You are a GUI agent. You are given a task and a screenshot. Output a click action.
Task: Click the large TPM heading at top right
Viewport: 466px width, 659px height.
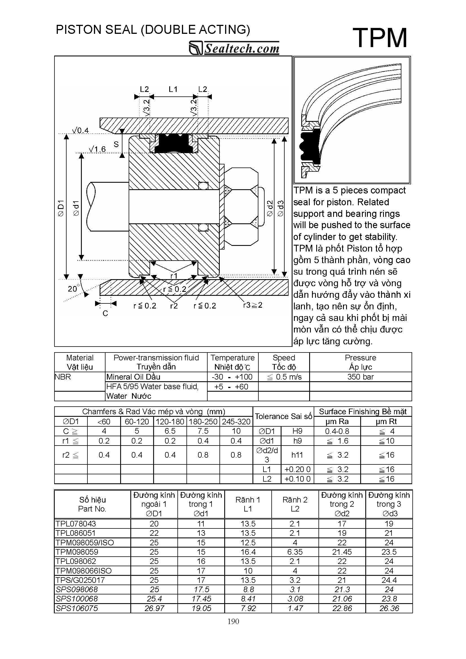coord(380,38)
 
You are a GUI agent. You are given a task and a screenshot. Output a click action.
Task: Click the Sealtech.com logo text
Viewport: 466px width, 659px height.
coord(241,49)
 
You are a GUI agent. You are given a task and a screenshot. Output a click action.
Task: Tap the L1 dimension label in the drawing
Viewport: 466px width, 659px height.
coord(173,90)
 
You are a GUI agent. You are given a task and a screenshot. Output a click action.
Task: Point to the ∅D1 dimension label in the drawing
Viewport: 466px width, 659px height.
coord(61,208)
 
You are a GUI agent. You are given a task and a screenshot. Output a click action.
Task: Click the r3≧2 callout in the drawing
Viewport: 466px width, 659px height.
coord(253,305)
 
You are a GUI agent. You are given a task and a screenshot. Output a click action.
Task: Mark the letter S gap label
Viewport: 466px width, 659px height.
coord(116,144)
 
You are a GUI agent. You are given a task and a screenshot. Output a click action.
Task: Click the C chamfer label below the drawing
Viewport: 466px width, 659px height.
coord(105,314)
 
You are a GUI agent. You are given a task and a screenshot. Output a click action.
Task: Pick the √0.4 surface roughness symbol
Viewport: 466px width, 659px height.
coord(80,131)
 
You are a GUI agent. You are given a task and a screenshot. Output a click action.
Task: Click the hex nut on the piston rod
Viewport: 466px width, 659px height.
coord(241,207)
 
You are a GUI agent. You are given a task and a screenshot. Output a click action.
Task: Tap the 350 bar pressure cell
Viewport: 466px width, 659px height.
coord(360,377)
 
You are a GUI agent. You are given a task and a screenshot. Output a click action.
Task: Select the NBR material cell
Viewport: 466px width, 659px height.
coord(63,377)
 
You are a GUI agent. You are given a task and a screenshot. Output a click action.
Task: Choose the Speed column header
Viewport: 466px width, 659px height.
coord(284,358)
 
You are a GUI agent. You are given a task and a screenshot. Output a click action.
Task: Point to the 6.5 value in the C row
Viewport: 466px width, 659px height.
coord(170,431)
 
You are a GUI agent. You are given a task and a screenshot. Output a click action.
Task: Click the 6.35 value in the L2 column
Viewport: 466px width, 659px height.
coord(295,552)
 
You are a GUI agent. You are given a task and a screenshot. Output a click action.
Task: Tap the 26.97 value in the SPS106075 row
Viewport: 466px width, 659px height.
coord(154,608)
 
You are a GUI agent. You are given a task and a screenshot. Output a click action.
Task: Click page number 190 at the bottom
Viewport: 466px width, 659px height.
coord(233,621)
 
